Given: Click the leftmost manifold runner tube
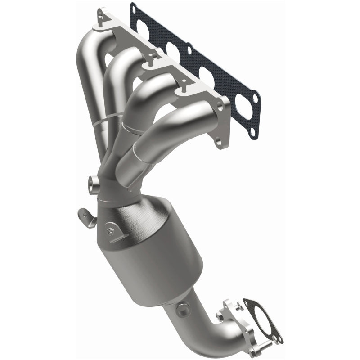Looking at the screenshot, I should [86, 67].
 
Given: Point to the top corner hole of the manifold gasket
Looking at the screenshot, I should [133, 7].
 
